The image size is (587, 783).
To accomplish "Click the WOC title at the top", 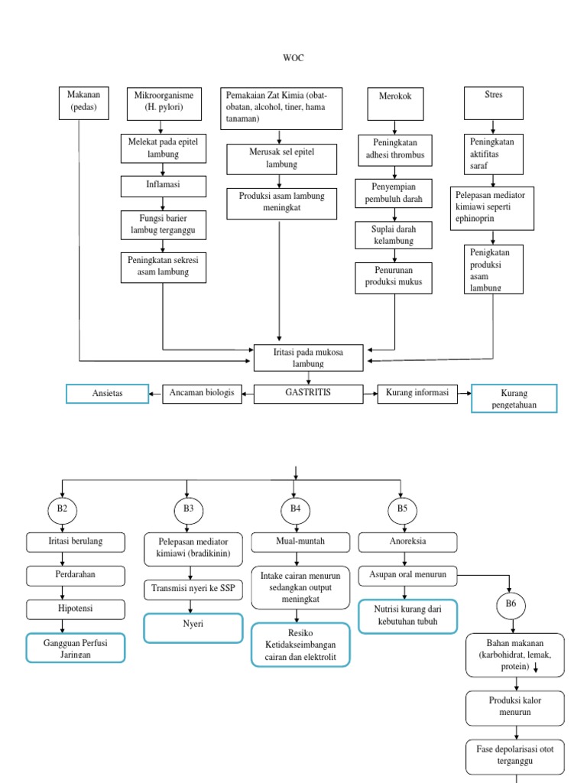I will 293,57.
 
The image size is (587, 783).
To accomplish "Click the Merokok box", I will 394,104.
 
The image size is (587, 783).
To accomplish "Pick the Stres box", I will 494,102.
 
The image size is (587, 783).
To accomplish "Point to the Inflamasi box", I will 162,186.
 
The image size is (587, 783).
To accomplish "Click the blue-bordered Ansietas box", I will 107,394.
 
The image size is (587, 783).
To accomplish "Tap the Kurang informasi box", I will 417,394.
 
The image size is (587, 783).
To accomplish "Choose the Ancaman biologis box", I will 202,394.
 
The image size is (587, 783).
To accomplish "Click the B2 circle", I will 62,508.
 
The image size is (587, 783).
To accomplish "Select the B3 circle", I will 188,508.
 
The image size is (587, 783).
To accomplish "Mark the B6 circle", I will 511,606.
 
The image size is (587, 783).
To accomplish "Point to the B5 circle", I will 402,508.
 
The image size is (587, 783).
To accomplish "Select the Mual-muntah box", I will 300,542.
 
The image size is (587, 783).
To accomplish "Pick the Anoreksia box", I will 408,542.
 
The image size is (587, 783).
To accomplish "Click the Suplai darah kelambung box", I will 394,236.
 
